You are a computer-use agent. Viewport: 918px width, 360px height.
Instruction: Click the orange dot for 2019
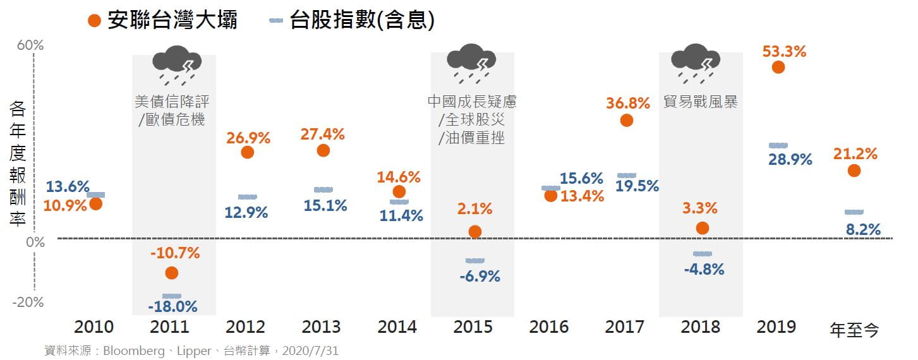pyautogui.click(x=778, y=67)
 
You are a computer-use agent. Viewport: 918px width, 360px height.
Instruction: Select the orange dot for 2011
pyautogui.click(x=171, y=273)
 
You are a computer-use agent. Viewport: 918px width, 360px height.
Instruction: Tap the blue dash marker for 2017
pyautogui.click(x=626, y=175)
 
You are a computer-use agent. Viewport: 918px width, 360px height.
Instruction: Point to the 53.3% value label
pyautogui.click(x=784, y=52)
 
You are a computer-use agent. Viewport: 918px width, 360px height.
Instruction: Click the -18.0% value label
pyautogui.click(x=172, y=307)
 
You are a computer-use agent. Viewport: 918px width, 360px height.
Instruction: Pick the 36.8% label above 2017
pyautogui.click(x=627, y=102)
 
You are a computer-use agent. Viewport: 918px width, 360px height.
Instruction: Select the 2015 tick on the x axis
pyautogui.click(x=473, y=327)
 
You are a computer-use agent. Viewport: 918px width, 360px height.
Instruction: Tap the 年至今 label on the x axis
pyautogui.click(x=854, y=330)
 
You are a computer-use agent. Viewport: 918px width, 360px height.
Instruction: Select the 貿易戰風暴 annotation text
pyautogui.click(x=701, y=102)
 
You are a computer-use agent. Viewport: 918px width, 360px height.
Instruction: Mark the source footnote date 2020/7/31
pyautogui.click(x=310, y=351)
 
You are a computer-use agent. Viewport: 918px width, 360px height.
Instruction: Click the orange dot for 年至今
pyautogui.click(x=854, y=171)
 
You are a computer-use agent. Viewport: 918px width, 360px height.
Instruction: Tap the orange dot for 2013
pyautogui.click(x=323, y=150)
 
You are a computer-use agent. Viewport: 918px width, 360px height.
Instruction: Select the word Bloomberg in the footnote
pyautogui.click(x=131, y=351)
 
